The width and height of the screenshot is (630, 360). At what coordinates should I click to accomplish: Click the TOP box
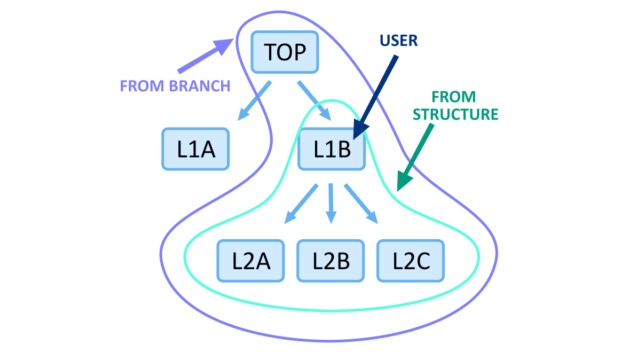point(285,52)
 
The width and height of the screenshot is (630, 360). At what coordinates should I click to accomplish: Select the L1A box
point(195,149)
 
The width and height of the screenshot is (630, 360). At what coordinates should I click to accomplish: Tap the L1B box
point(331,149)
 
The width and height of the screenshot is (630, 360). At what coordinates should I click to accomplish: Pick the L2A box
point(250,261)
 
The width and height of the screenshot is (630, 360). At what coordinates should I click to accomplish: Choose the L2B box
point(330,261)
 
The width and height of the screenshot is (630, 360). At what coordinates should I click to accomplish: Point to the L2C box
point(411,261)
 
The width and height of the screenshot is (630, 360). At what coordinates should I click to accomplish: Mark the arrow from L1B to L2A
point(301,204)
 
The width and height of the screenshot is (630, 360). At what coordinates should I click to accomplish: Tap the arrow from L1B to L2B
point(331,203)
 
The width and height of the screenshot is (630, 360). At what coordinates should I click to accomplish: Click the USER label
point(398,41)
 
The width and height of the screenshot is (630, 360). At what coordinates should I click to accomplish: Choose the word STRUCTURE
point(455,114)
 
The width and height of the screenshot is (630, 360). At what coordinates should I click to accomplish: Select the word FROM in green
point(453,97)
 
